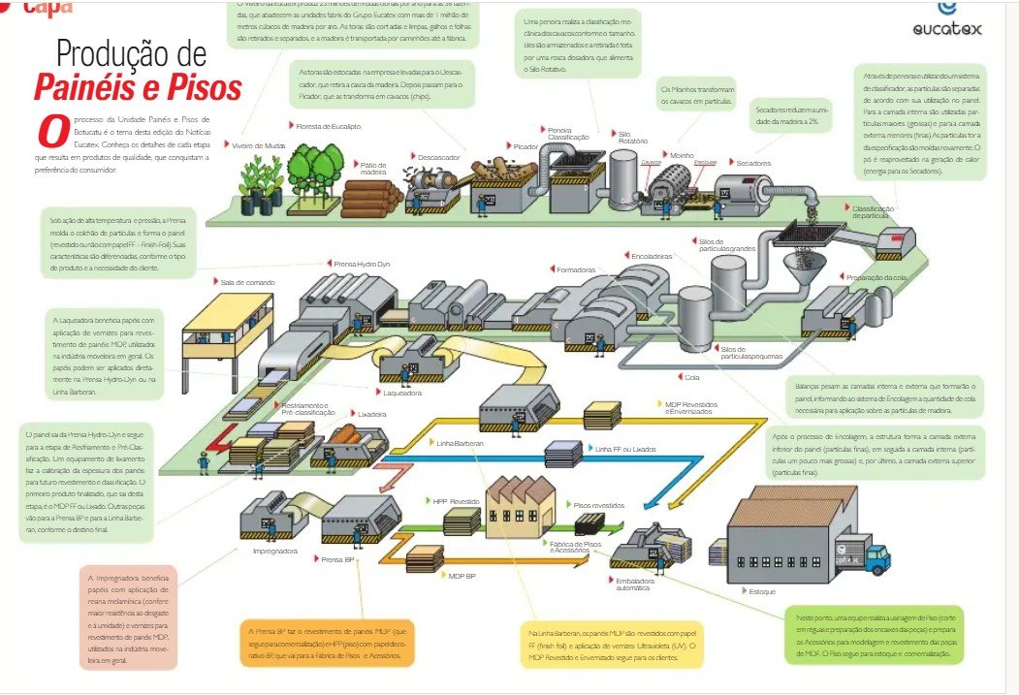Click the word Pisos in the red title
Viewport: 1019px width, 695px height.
pyautogui.click(x=199, y=87)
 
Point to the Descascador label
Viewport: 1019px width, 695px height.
pyautogui.click(x=437, y=156)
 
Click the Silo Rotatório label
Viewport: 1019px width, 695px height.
pyautogui.click(x=632, y=138)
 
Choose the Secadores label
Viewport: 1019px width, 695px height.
pyautogui.click(x=753, y=162)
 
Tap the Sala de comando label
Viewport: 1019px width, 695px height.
pyautogui.click(x=247, y=282)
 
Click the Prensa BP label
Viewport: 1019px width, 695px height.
pyautogui.click(x=336, y=559)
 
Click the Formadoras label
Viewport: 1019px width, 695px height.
pyautogui.click(x=576, y=269)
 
